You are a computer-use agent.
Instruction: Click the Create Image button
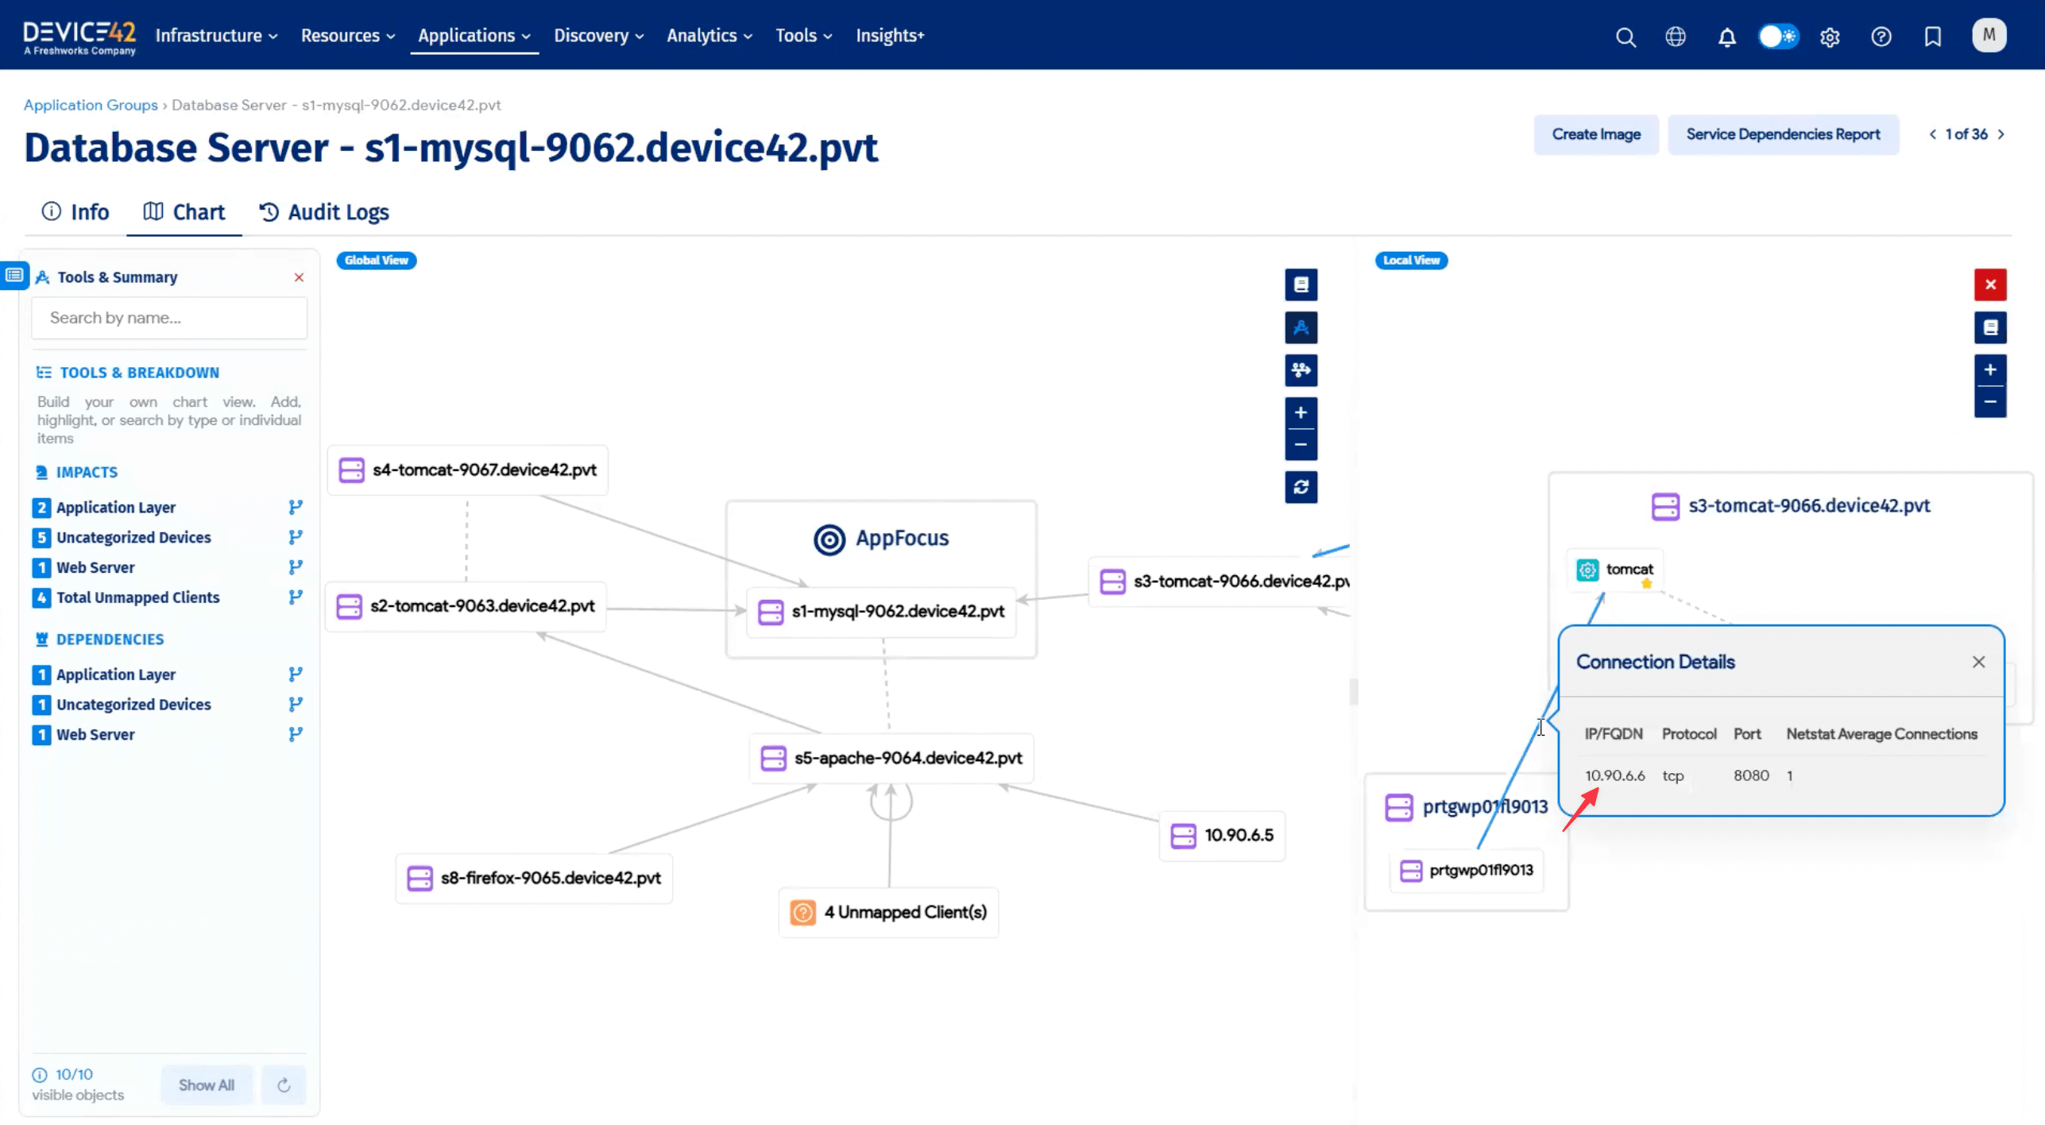click(x=1595, y=134)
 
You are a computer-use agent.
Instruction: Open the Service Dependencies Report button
click(x=1782, y=134)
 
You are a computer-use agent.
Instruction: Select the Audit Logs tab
click(x=324, y=212)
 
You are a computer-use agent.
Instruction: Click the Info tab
click(x=75, y=212)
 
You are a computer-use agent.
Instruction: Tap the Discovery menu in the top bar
click(x=598, y=36)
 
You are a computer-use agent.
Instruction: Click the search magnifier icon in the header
click(x=1625, y=37)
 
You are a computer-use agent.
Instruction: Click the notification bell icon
click(x=1726, y=37)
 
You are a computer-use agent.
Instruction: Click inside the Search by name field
click(x=169, y=318)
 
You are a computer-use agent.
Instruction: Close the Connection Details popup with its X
click(x=1977, y=662)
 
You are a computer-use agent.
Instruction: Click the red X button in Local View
click(x=1989, y=284)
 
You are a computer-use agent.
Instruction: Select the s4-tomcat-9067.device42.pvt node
click(x=468, y=470)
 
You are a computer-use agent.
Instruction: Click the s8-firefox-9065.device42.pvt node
click(x=534, y=878)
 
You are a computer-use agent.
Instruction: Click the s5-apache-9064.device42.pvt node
click(x=891, y=758)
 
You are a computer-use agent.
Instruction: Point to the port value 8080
click(x=1750, y=775)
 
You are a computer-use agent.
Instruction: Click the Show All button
click(x=206, y=1084)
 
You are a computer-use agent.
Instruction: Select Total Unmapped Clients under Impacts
click(x=137, y=597)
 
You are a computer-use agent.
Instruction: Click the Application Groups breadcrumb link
click(x=91, y=105)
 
